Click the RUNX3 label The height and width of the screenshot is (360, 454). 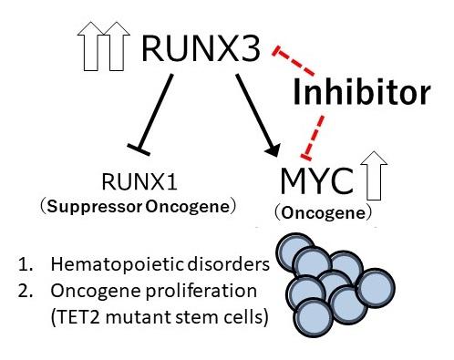[201, 47]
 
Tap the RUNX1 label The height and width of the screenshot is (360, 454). [139, 181]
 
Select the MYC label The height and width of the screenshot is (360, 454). [316, 181]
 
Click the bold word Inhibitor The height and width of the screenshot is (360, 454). [362, 91]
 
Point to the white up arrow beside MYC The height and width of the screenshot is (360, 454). [374, 176]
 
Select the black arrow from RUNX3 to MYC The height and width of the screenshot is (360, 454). [257, 115]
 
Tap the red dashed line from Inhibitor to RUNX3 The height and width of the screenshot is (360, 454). [294, 61]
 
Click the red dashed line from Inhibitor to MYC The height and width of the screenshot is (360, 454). [313, 138]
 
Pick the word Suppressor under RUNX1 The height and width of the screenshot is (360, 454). [95, 207]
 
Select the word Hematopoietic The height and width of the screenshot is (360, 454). [117, 264]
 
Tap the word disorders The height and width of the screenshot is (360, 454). [228, 264]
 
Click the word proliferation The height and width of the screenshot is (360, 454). [201, 291]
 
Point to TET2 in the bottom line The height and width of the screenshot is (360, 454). [77, 317]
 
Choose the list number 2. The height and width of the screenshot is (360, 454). [25, 291]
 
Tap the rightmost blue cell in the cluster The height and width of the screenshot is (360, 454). [376, 288]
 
